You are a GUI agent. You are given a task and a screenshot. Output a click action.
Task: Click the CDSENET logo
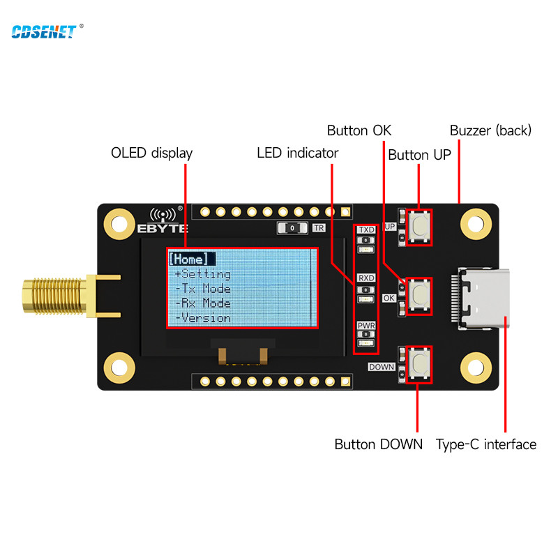click(x=43, y=31)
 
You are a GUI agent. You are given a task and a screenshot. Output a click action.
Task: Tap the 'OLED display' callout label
click(x=151, y=153)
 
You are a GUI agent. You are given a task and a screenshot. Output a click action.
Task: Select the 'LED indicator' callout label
click(x=297, y=153)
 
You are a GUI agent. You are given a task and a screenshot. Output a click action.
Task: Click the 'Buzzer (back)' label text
click(x=490, y=130)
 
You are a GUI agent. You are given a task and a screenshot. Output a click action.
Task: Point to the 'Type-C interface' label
click(x=486, y=444)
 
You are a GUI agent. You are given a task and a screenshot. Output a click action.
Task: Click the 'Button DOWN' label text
click(x=378, y=444)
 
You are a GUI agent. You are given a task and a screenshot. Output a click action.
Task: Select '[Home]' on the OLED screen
click(x=189, y=259)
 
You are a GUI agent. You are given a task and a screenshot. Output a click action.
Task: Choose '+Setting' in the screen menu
click(x=202, y=274)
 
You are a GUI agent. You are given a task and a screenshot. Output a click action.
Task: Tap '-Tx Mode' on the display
click(x=202, y=289)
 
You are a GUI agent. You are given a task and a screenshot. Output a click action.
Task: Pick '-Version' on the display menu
click(x=202, y=318)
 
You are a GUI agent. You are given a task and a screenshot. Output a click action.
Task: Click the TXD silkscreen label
click(x=366, y=229)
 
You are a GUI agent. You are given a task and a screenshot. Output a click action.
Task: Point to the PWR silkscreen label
click(x=366, y=326)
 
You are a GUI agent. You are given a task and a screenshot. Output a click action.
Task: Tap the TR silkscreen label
click(x=319, y=228)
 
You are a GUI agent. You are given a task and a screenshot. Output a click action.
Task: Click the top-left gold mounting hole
click(x=120, y=224)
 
